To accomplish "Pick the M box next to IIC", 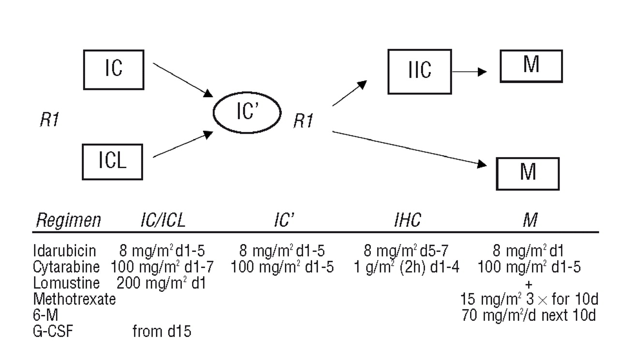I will pos(531,66).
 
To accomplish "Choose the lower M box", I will pos(528,173).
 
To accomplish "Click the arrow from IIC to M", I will pos(469,72).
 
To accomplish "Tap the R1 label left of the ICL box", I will pos(50,120).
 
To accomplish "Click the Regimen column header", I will pos(68,221).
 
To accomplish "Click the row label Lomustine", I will pos(66,283).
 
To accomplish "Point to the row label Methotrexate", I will pos(74,299).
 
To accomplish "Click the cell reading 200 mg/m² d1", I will pos(162,283).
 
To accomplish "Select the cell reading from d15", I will pos(162,331).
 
